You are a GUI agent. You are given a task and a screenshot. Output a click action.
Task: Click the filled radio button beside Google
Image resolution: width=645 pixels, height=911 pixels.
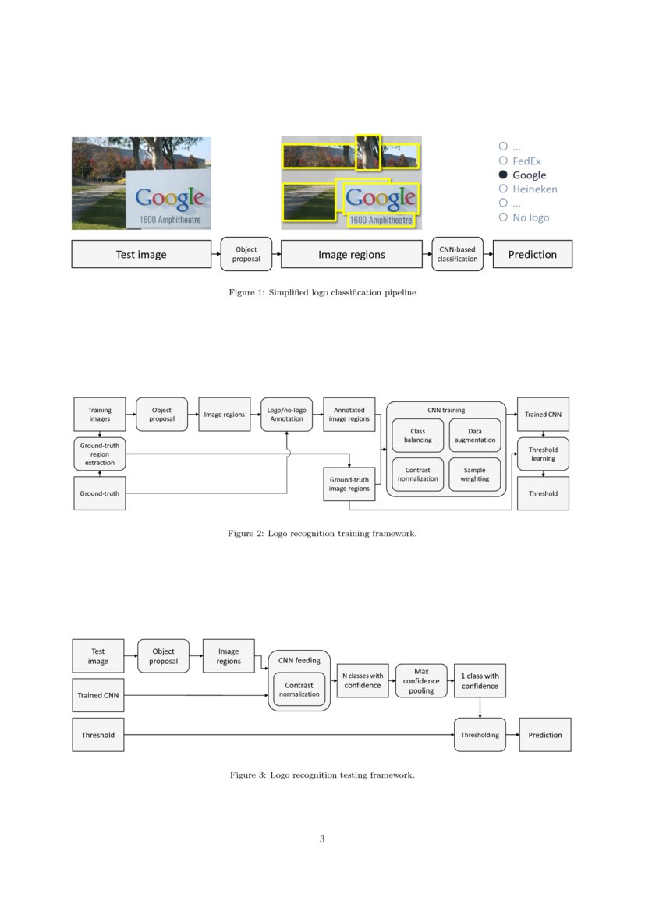click(x=503, y=175)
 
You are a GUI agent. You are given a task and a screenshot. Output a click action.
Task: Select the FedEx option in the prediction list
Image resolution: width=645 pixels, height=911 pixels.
click(x=526, y=161)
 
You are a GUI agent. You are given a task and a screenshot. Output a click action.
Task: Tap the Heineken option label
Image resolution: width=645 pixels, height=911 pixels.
click(x=534, y=189)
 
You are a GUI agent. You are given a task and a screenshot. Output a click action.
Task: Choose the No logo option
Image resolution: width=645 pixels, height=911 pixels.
click(x=530, y=217)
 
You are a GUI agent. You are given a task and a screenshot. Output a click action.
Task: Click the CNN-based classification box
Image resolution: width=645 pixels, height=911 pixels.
click(x=457, y=254)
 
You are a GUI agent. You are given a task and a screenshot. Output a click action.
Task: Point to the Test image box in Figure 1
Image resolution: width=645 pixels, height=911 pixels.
click(x=141, y=254)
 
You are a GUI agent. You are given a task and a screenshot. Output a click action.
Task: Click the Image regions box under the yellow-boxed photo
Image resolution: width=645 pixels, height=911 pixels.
click(x=351, y=254)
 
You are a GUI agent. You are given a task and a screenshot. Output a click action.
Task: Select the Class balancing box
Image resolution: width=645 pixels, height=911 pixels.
click(x=417, y=436)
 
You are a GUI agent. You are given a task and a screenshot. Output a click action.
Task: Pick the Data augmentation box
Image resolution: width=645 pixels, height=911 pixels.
click(x=475, y=436)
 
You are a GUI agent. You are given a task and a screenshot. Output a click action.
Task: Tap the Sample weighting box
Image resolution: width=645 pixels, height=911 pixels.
click(x=475, y=475)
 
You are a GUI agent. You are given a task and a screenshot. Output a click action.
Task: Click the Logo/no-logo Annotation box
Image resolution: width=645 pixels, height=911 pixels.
click(x=287, y=414)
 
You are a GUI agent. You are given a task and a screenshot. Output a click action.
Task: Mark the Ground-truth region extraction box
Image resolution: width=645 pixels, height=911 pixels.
click(x=100, y=454)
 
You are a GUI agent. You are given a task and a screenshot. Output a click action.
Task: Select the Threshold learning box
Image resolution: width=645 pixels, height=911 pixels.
click(x=543, y=454)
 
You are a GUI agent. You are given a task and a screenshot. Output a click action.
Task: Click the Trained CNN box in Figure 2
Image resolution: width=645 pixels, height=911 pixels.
click(x=543, y=414)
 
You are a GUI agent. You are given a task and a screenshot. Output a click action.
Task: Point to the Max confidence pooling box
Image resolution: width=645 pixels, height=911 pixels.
click(x=421, y=680)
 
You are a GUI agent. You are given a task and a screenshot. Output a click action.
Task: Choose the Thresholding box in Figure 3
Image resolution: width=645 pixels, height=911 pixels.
click(x=480, y=735)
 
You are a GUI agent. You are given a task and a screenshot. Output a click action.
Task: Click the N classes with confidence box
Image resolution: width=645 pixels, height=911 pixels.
click(x=363, y=680)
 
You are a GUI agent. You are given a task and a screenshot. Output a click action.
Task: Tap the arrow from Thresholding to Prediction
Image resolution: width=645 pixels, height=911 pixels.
click(x=512, y=735)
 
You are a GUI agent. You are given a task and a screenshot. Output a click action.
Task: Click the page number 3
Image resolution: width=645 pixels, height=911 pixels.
click(x=322, y=839)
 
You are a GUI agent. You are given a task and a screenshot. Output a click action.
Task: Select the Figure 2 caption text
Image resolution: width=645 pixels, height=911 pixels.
click(x=322, y=534)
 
